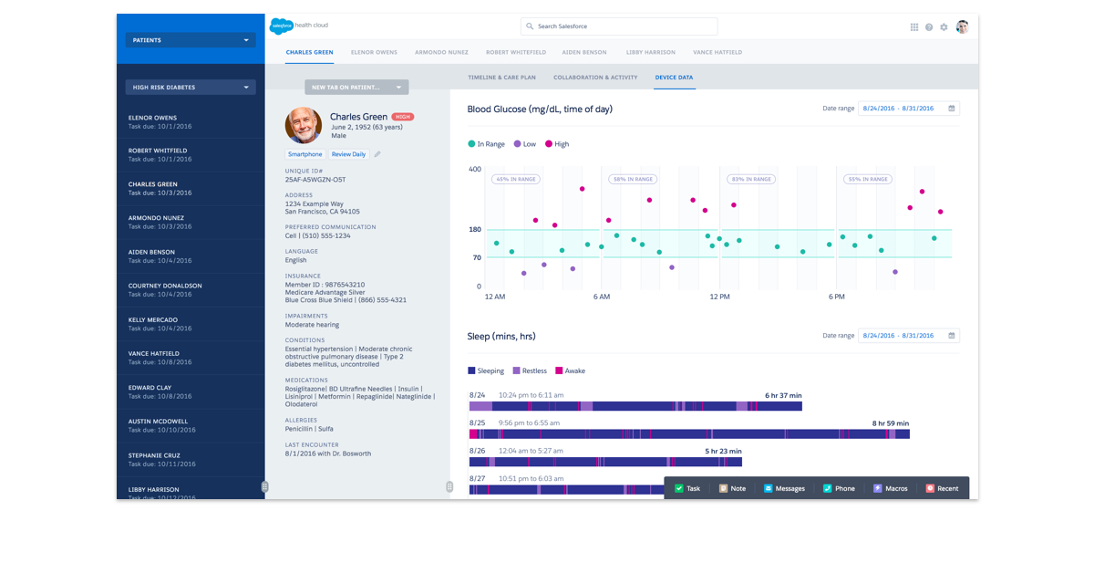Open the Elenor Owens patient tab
374,53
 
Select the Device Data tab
674,78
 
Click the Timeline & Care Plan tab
501,78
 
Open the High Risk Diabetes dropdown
191,88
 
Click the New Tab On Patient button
356,88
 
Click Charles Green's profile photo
304,125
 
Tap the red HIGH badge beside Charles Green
402,117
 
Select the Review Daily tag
348,154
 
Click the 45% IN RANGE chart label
515,180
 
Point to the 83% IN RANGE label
751,180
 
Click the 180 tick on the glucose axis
475,229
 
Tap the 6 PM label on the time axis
837,297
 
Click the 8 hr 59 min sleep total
890,423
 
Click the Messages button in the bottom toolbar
784,488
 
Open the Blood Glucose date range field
908,109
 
